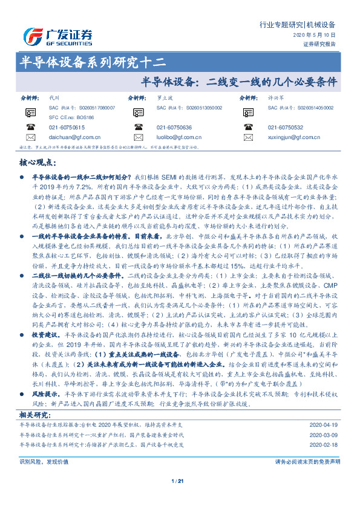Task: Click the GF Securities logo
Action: point(58,36)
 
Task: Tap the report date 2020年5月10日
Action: point(322,36)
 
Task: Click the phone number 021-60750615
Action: point(67,128)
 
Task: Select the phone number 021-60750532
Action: point(285,128)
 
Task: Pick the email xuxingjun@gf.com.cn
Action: point(293,138)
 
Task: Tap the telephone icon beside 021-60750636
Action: point(140,128)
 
